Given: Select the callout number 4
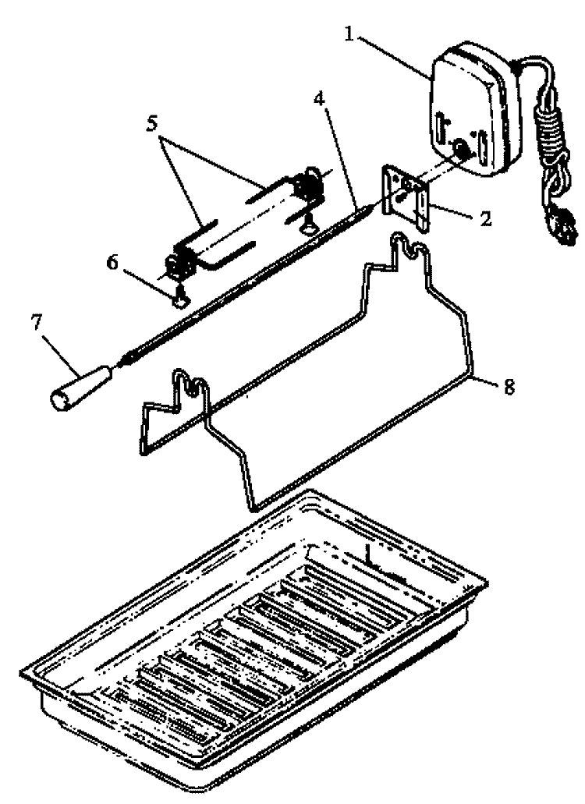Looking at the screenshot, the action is pyautogui.click(x=320, y=101).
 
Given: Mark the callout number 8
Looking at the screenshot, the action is pyautogui.click(x=509, y=386).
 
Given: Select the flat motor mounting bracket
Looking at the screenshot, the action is pyautogui.click(x=406, y=197).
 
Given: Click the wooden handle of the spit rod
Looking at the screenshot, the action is pyautogui.click(x=80, y=388).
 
